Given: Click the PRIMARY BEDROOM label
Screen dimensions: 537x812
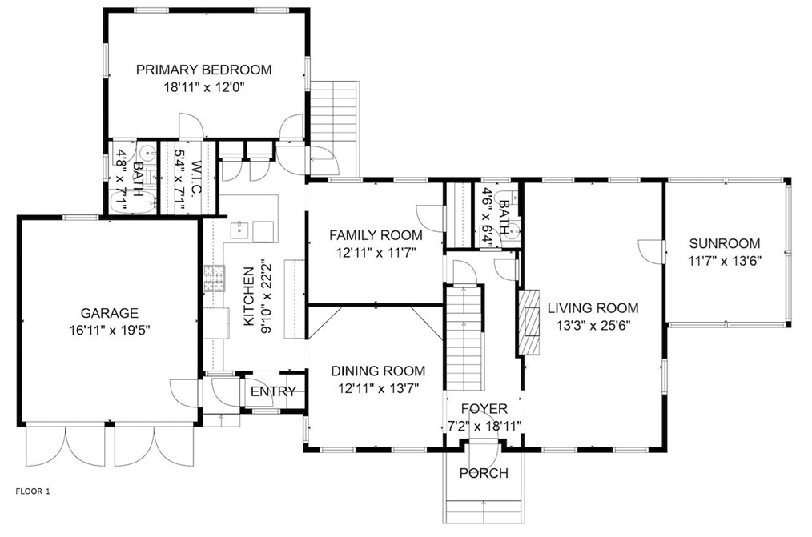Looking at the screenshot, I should click(x=203, y=70).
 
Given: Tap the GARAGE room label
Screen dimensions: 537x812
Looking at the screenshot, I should click(x=109, y=313).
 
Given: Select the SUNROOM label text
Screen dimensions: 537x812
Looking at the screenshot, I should click(x=724, y=244).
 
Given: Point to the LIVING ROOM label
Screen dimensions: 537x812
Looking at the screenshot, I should click(x=593, y=307).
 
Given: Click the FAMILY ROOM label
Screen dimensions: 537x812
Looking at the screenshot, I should click(x=376, y=235).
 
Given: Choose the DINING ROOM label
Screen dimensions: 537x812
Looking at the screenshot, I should click(x=378, y=371).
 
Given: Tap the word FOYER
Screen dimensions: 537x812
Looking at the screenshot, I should click(x=484, y=409).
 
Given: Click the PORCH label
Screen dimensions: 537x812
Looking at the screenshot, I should click(x=484, y=473).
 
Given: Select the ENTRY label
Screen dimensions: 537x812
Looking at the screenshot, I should click(x=273, y=391).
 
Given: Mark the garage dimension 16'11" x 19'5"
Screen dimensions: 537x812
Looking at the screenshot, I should click(x=109, y=329).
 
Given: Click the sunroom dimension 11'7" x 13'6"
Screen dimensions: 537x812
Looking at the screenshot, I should click(x=724, y=260).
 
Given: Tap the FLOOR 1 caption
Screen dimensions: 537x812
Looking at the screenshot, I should click(x=33, y=491).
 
